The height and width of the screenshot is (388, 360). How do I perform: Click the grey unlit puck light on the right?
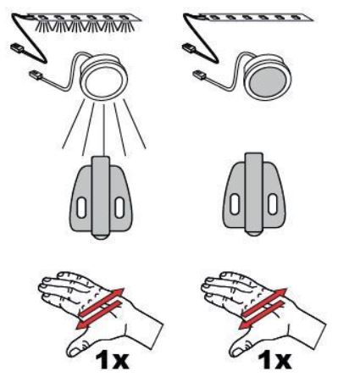pos(268,76)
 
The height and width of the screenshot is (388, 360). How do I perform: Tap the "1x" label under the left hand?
pos(112,361)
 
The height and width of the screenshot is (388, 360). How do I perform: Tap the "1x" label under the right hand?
pos(274,361)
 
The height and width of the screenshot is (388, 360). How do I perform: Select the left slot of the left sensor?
pos(81,208)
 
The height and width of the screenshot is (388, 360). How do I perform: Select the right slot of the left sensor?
pos(119,208)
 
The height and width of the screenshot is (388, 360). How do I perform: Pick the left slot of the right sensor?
pos(235,204)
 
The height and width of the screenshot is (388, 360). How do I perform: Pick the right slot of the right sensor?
pos(273,204)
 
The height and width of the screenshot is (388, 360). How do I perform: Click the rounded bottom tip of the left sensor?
pos(101,237)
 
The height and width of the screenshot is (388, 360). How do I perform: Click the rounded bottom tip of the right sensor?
pos(254,234)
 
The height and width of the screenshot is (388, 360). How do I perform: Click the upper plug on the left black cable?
pos(17,48)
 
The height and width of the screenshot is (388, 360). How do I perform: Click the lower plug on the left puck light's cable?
pos(36,75)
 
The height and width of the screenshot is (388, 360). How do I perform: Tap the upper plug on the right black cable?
pos(189,48)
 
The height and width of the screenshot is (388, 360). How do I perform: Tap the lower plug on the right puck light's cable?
pos(200,75)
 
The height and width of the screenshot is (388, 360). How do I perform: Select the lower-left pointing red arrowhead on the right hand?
pos(245,325)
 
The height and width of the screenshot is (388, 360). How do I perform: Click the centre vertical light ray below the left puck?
pos(104,130)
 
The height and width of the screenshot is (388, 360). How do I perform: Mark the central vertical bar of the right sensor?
pos(254,193)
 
